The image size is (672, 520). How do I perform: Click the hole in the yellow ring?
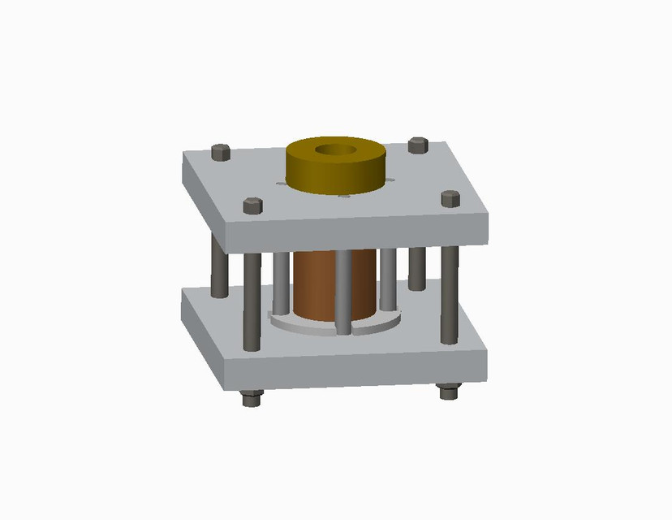[x=334, y=149]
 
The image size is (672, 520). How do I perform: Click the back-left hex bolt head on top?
[x=220, y=152]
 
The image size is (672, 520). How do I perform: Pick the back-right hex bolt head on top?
[x=418, y=145]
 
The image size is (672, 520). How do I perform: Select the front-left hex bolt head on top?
[x=252, y=206]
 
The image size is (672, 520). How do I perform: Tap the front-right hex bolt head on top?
[x=450, y=198]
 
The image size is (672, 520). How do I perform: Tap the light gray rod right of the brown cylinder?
[x=388, y=278]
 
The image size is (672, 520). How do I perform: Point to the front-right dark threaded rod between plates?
[x=450, y=292]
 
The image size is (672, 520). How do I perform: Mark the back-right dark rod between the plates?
[x=417, y=266]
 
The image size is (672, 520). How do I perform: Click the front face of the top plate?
[x=357, y=235]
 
